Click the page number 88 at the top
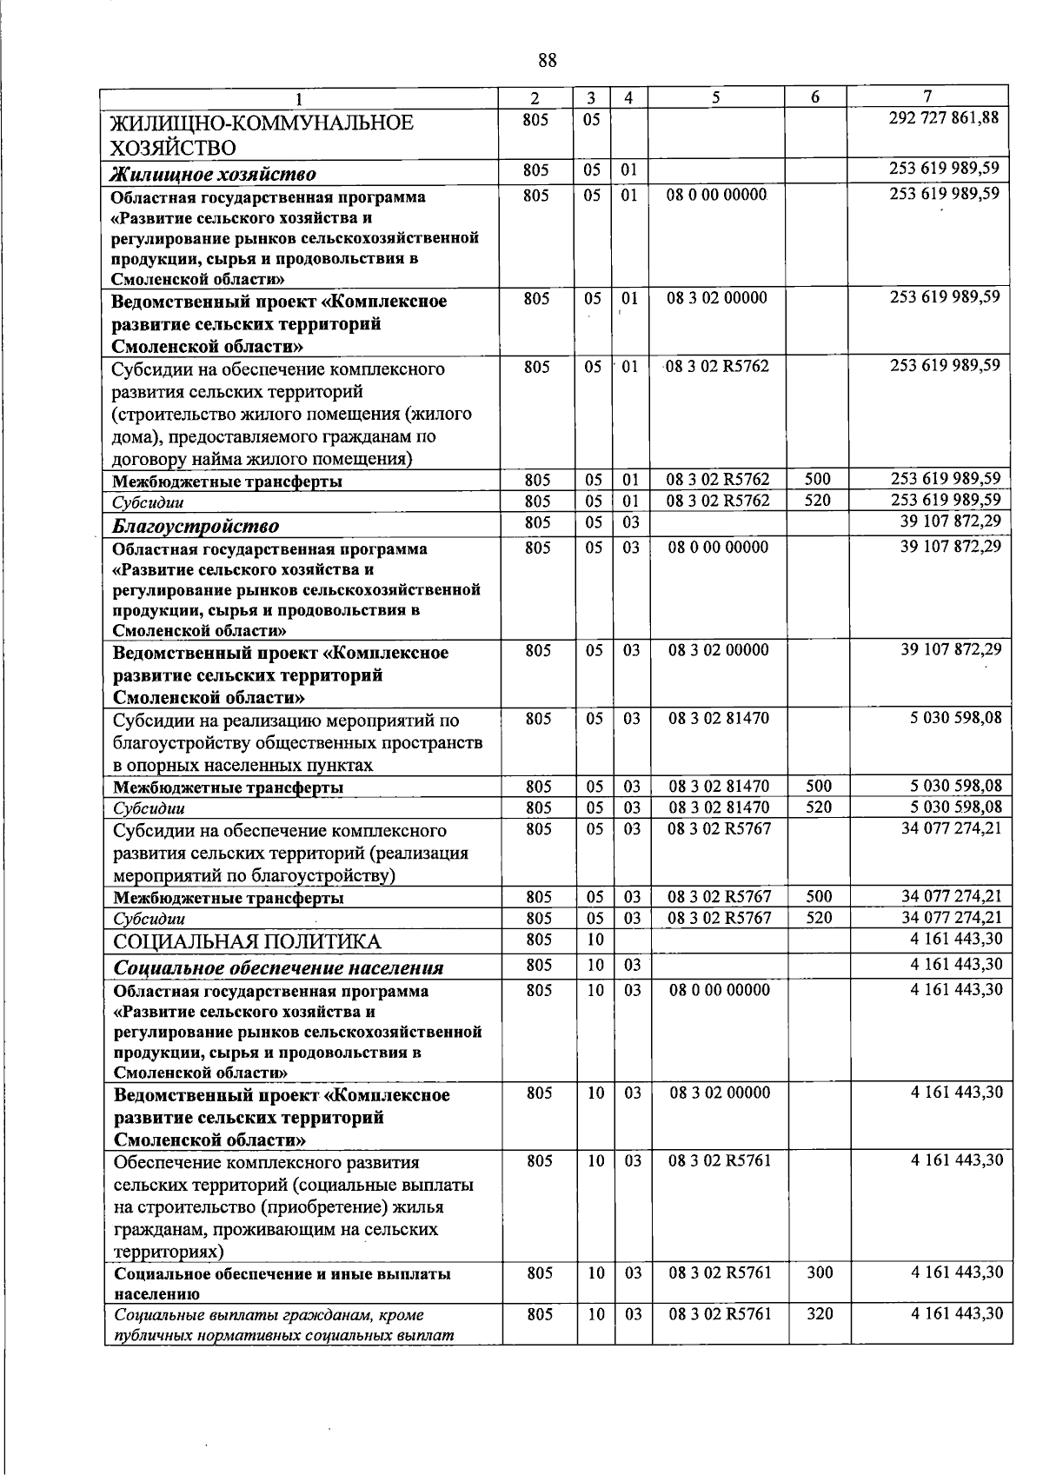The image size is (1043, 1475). [x=548, y=60]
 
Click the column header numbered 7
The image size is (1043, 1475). [x=927, y=96]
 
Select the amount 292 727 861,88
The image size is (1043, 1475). [x=944, y=117]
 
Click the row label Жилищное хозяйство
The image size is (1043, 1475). [x=213, y=174]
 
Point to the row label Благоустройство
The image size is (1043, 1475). [x=196, y=526]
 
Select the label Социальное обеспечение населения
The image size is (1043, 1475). [x=278, y=967]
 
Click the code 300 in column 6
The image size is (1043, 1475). [x=820, y=1272]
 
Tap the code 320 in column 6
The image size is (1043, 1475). [x=820, y=1313]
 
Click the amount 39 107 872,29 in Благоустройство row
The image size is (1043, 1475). [x=951, y=521]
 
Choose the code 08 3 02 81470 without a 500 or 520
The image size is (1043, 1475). [x=719, y=719]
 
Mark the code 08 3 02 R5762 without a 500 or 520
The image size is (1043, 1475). [x=719, y=366]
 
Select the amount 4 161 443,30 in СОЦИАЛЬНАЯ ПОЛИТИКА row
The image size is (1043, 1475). [x=956, y=939]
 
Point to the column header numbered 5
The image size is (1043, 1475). [x=715, y=97]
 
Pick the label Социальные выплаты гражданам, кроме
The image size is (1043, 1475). [x=269, y=1315]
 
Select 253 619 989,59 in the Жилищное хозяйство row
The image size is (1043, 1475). [x=944, y=168]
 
